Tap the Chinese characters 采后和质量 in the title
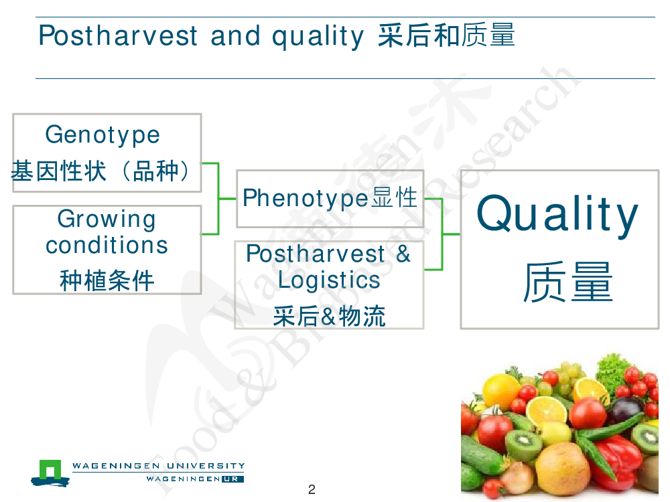446,35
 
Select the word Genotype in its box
103,135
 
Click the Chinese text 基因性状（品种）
101,171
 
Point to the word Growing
107,220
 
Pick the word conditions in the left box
107,245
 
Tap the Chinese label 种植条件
107,280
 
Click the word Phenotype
306,199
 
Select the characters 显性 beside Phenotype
395,197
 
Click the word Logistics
329,280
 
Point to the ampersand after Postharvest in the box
403,254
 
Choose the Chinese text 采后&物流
329,317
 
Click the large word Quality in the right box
557,214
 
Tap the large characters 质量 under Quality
568,282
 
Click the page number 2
312,489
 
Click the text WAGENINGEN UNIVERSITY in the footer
159,466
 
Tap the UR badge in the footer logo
232,479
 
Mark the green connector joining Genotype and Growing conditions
219,199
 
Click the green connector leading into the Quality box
442,234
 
